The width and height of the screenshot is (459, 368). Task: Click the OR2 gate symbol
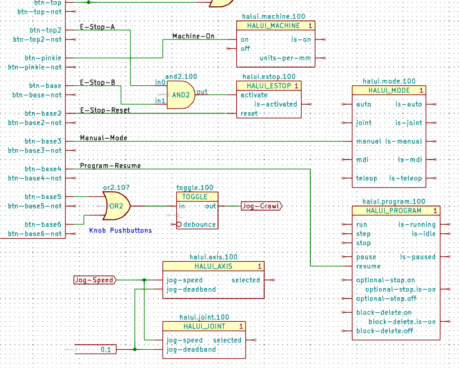coord(116,206)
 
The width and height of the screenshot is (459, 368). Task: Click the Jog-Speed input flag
coord(94,280)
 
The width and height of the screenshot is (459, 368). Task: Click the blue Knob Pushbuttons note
coord(120,230)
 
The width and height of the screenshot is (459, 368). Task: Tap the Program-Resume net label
coord(110,166)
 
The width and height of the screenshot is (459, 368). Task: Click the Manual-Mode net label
coord(104,138)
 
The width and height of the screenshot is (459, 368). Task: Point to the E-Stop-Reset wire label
coord(105,110)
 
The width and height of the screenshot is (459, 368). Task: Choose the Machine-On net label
coord(193,36)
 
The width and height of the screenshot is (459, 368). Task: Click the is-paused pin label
coord(417,257)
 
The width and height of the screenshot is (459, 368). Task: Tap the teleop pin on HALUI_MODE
coord(367,178)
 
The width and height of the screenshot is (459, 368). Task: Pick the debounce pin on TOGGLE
coord(199,224)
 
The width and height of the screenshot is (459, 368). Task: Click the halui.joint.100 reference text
coord(204,317)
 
